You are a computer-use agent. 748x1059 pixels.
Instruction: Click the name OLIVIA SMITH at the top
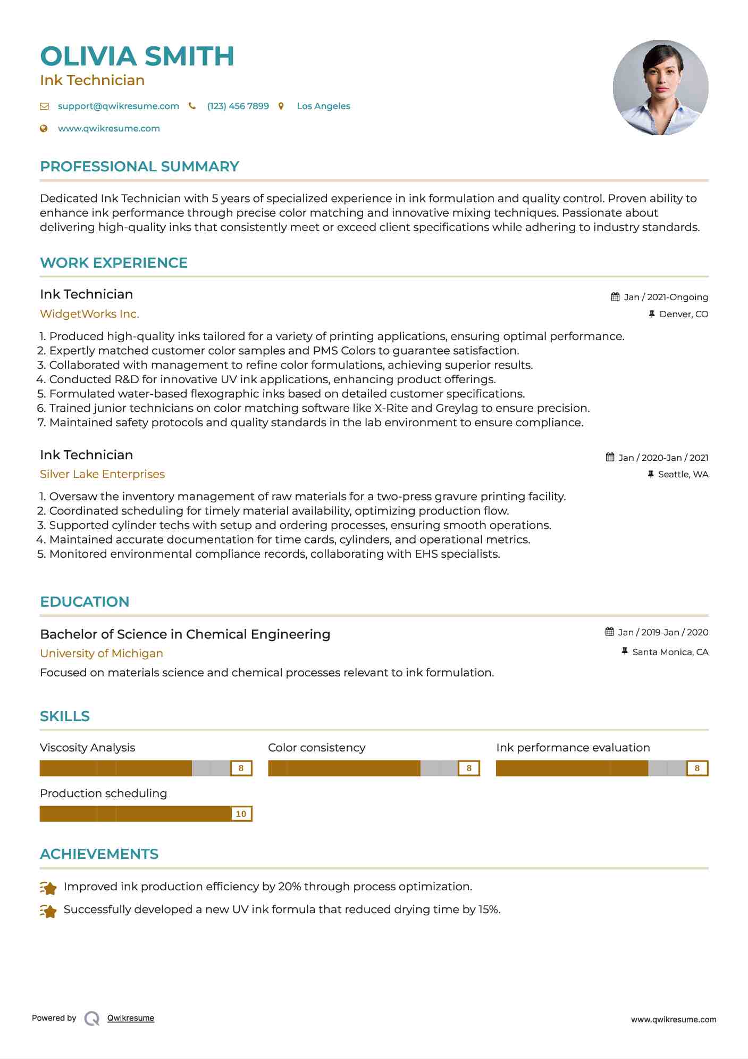[137, 56]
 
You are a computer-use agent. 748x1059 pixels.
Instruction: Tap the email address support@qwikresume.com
[118, 106]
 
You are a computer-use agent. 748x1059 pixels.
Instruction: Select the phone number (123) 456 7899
[238, 106]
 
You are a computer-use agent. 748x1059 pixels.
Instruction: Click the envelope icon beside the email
[44, 106]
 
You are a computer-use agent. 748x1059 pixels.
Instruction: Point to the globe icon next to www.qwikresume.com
[44, 128]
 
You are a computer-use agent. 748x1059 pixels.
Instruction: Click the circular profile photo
[660, 88]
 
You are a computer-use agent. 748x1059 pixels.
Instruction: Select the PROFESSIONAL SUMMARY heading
[139, 167]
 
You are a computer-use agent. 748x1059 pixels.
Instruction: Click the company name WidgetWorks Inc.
[89, 314]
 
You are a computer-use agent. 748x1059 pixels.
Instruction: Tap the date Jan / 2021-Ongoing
[666, 297]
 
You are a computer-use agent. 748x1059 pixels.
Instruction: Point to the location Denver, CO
[684, 314]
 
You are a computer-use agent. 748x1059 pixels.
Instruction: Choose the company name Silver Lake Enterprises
[102, 474]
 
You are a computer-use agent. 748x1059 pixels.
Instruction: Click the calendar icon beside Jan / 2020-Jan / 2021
[610, 457]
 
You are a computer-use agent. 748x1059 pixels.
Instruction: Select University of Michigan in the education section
[102, 653]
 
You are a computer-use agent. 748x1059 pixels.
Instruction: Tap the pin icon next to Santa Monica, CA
[625, 651]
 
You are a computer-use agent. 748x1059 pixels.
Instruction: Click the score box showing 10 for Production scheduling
[241, 814]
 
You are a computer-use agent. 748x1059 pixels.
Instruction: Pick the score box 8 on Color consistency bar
[469, 768]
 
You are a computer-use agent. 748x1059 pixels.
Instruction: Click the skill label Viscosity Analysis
[87, 748]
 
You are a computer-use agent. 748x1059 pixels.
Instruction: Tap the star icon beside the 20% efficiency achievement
[48, 888]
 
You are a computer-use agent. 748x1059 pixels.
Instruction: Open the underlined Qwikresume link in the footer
[131, 1018]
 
